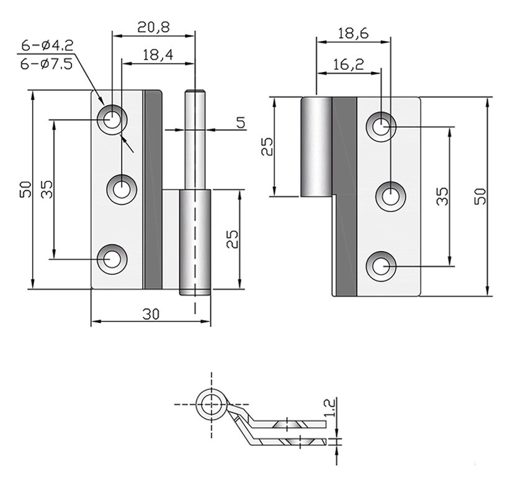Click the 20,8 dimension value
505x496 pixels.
153,27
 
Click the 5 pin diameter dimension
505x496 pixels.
240,122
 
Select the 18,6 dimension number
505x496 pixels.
353,33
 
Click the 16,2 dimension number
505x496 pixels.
347,64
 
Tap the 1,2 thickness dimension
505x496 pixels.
329,409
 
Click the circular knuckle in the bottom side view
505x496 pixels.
211,405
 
